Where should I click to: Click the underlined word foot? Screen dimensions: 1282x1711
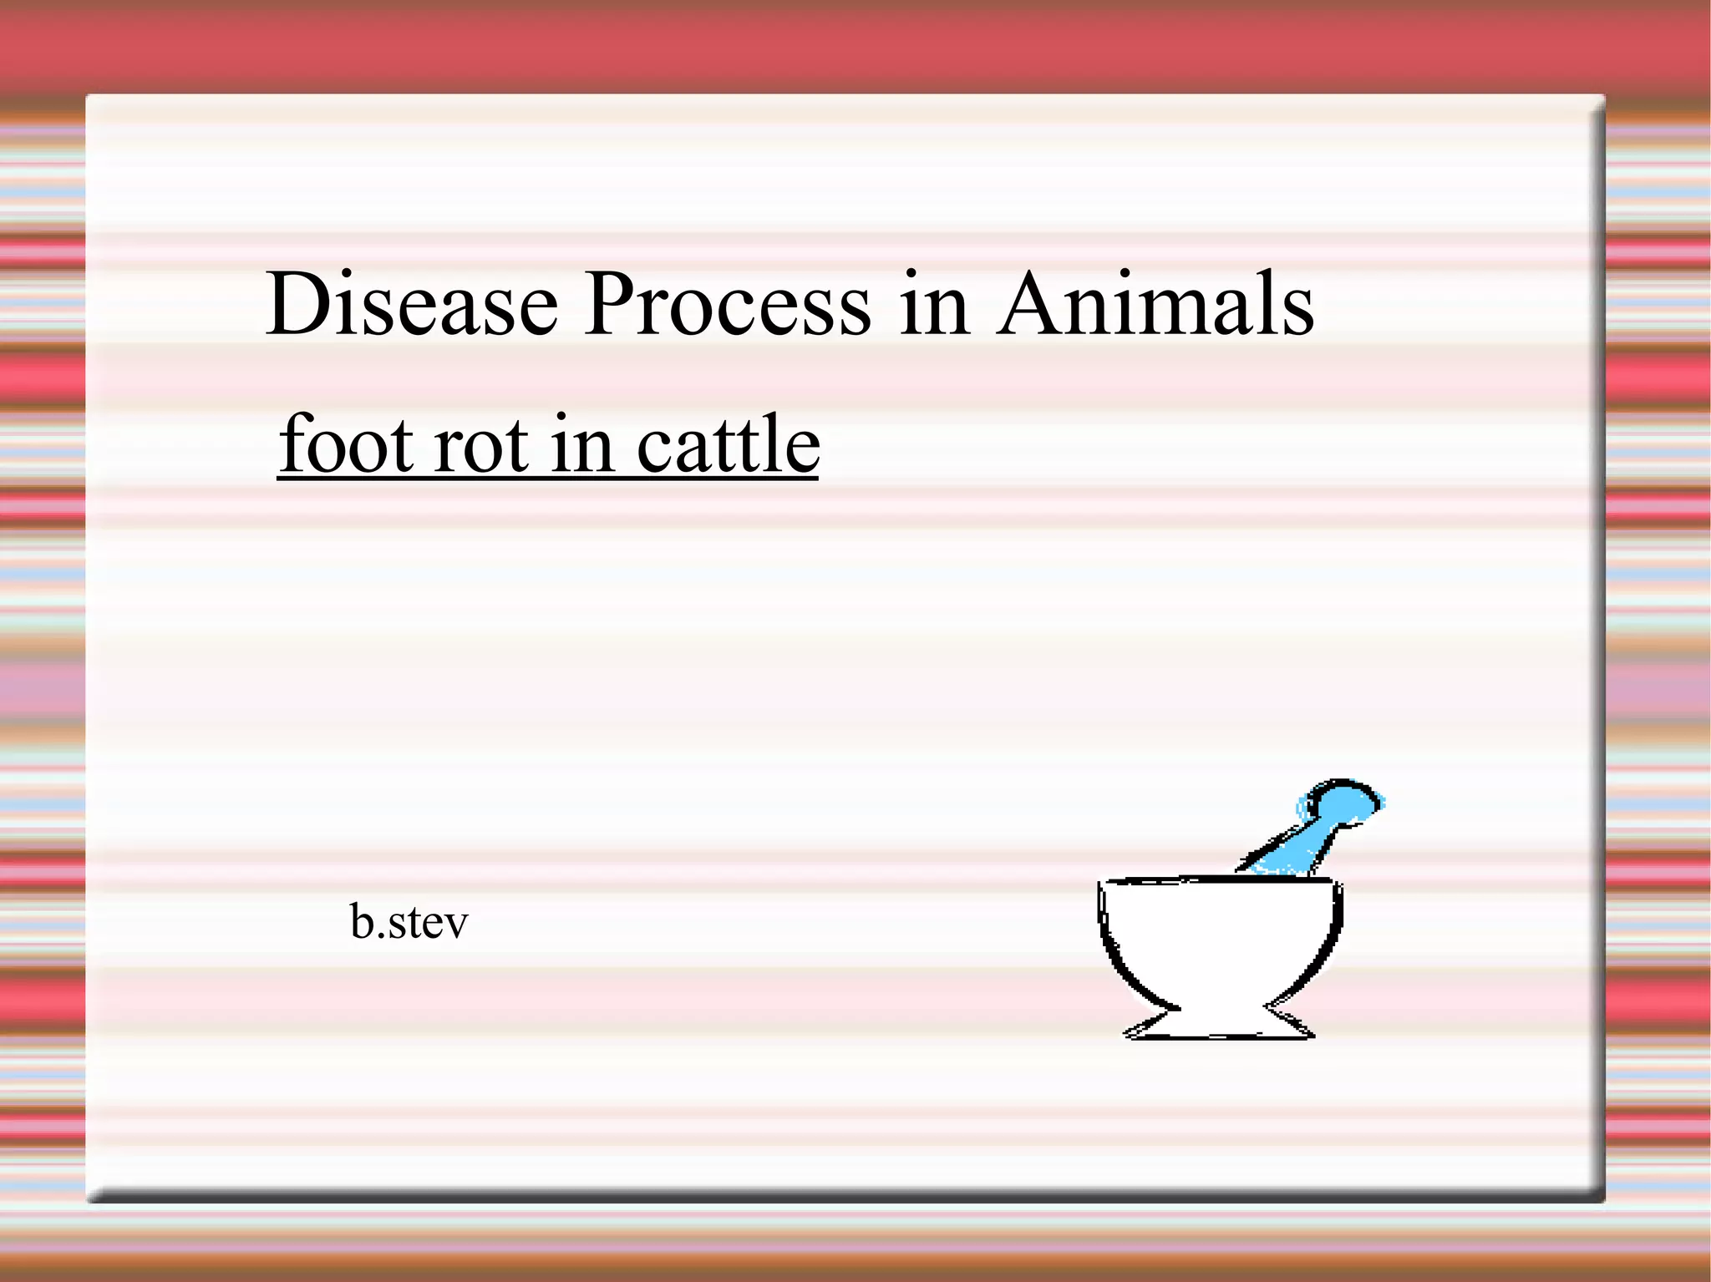tap(348, 443)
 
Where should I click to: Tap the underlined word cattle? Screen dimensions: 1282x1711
tap(729, 443)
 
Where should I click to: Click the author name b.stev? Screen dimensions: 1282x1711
tap(409, 922)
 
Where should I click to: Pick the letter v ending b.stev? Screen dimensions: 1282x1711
tap(456, 925)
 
